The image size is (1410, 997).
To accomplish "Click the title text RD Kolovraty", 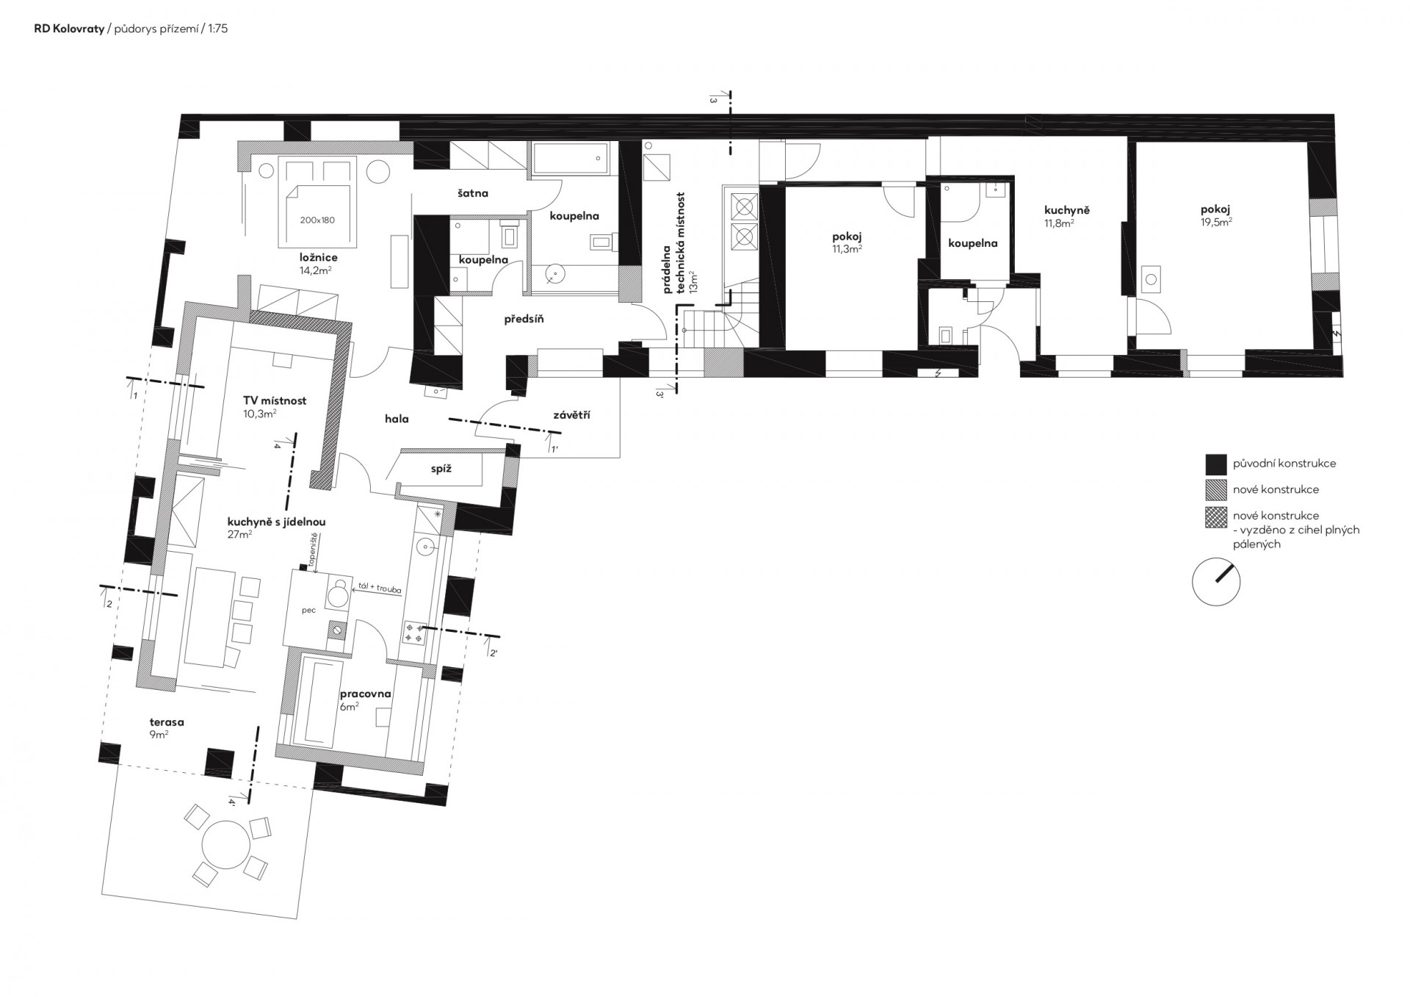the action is point(69,30).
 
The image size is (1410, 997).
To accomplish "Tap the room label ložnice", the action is point(319,258).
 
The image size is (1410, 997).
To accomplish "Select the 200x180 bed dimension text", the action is point(318,220).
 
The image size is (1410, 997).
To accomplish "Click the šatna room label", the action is point(473,194).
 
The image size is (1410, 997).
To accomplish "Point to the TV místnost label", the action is point(275,401).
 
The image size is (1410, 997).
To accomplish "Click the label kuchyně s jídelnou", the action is point(276,522).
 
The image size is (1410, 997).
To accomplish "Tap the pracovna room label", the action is point(366,694).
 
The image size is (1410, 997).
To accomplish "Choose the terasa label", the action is point(167,722).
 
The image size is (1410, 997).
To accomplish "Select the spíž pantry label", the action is point(441,468).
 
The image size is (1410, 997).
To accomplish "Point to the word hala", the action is point(397,419).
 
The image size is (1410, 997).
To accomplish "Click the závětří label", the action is point(571,415).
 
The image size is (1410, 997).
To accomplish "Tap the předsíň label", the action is point(524,320).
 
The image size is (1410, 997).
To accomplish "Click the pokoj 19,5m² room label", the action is point(1216,214).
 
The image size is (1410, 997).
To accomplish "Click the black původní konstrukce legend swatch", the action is point(1216,464).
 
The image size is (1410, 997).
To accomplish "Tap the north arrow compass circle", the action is point(1216,581).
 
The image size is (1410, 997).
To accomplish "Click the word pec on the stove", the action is point(308,611).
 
